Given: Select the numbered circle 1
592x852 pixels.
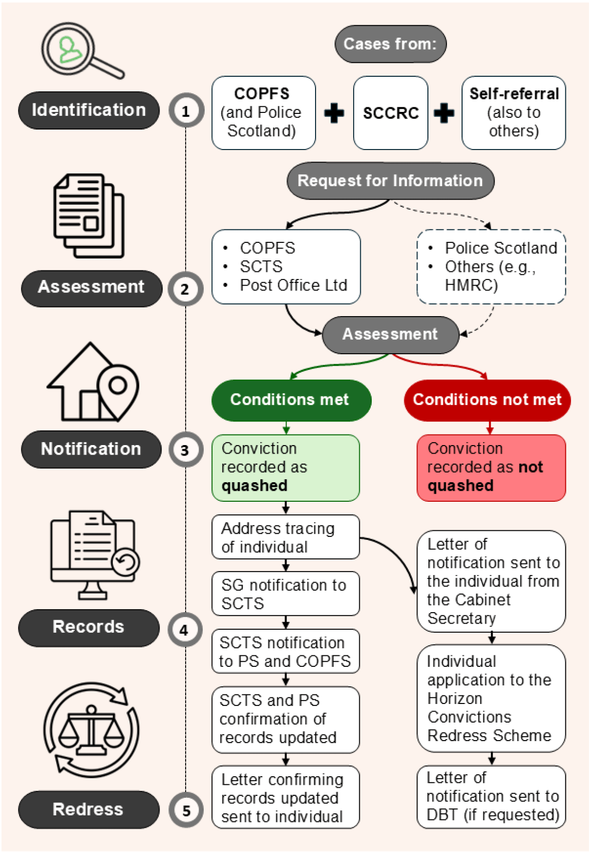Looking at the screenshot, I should (186, 110).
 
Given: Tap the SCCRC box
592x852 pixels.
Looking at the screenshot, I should (390, 113).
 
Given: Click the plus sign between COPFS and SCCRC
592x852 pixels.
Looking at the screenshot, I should (334, 113).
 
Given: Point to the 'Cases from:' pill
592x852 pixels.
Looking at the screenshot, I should (390, 44).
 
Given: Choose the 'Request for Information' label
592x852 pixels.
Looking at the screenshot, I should (390, 181).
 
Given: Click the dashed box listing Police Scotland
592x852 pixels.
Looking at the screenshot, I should (491, 266).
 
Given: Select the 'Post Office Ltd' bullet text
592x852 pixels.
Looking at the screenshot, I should (293, 285).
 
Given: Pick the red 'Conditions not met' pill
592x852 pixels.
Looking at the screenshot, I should (487, 400).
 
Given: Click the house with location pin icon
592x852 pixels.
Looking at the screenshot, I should (93, 382).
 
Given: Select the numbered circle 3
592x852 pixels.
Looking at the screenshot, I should (185, 450).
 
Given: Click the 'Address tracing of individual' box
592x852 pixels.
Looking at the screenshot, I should (285, 537).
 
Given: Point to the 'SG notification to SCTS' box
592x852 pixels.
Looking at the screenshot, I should (285, 594).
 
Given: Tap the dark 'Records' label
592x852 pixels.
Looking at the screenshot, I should (89, 627).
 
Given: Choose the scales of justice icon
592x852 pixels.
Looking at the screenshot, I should (91, 730).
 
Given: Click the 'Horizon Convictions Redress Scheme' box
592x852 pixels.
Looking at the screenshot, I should (491, 698).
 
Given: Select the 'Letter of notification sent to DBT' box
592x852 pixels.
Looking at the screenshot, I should (491, 796).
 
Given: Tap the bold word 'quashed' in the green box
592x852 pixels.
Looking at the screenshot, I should (254, 486).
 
